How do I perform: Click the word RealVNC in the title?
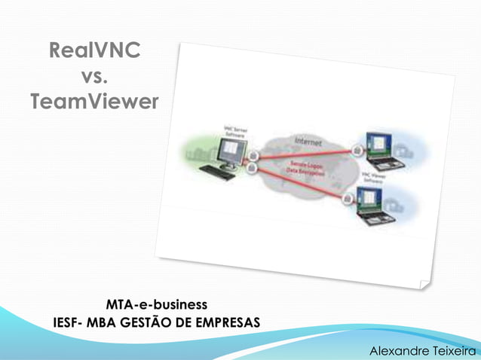(93, 52)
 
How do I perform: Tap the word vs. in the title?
(93, 76)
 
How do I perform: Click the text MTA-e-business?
(156, 305)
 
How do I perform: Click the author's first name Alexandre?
(393, 351)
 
